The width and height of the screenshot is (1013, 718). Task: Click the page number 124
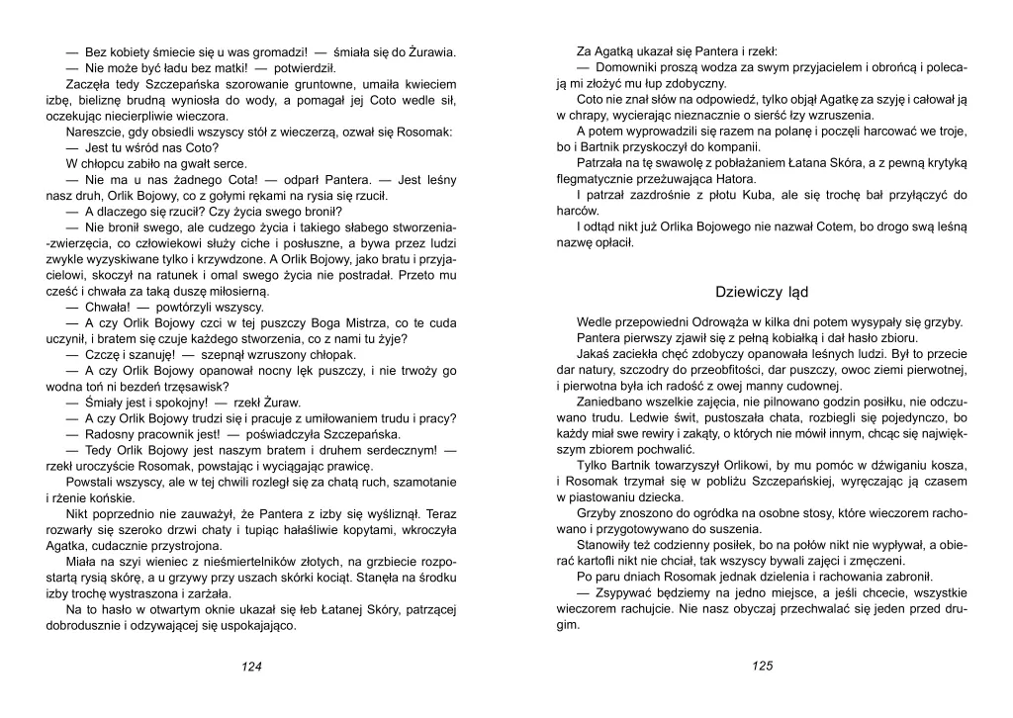click(251, 668)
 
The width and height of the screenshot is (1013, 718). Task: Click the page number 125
click(761, 667)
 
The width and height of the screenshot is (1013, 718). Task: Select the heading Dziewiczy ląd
click(762, 292)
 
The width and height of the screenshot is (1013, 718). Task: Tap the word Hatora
click(735, 179)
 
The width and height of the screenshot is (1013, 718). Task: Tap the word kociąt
click(342, 578)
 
